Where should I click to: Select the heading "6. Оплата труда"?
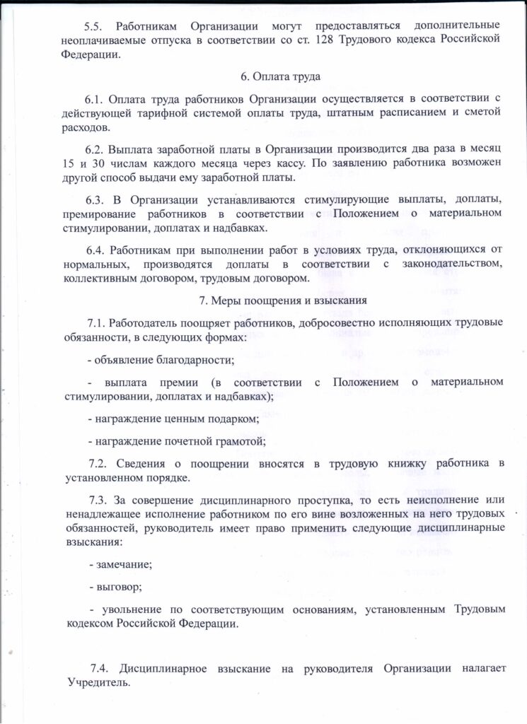tap(263, 76)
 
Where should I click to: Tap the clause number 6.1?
tap(95, 98)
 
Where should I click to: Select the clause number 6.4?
tap(95, 250)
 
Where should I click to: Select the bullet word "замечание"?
tap(123, 565)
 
